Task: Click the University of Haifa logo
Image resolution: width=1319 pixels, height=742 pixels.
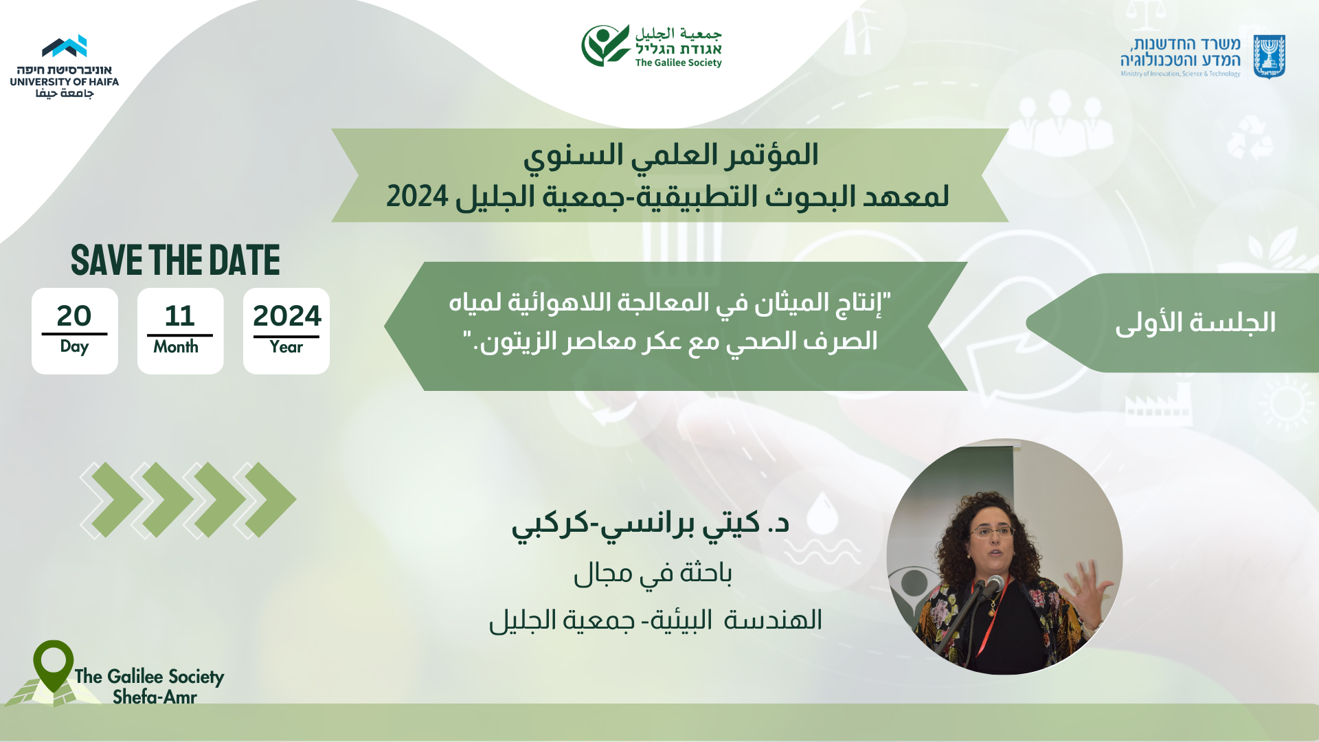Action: point(65,66)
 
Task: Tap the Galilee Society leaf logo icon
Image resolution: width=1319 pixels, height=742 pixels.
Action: point(605,45)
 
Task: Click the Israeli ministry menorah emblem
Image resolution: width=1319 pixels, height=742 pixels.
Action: point(1269,56)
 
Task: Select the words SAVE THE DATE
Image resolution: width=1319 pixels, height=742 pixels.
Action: point(175,260)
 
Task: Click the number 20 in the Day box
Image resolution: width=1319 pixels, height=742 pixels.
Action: point(74,316)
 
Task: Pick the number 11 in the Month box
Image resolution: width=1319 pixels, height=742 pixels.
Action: point(180,316)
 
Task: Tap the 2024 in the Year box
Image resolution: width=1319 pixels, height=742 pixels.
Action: point(286,316)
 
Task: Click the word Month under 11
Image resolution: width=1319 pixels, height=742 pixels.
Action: point(176,347)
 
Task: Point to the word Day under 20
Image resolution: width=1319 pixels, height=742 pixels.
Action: point(74,347)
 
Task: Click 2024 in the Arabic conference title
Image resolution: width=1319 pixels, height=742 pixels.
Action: point(417,196)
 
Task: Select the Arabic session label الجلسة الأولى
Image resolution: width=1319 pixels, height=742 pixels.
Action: point(1195,323)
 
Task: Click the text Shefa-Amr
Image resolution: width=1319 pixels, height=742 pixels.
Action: point(155,697)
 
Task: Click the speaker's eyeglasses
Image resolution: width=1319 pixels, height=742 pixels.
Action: point(992,532)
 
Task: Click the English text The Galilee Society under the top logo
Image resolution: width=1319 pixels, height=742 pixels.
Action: point(678,63)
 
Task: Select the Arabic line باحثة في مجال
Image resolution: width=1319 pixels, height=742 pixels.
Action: point(653,573)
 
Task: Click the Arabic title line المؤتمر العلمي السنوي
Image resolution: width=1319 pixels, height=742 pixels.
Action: point(671,155)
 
